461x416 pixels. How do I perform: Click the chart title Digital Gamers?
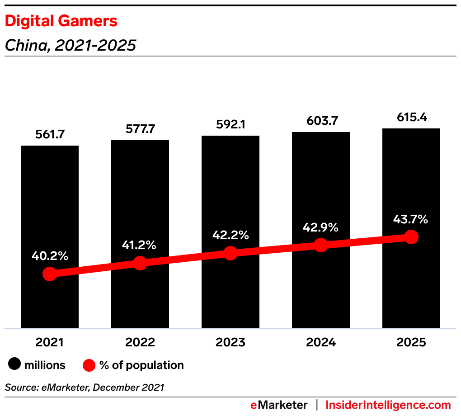(61, 21)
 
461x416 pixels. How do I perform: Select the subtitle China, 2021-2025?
(70, 45)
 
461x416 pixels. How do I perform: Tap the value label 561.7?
(50, 134)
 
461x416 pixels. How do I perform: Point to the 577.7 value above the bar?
(140, 129)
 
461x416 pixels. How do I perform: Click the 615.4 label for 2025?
(411, 118)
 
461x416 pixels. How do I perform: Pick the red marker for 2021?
(50, 274)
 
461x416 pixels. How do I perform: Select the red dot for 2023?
(230, 253)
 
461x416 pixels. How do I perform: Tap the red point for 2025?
(411, 236)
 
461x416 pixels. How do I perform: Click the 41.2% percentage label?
(140, 245)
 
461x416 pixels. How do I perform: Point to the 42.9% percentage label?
(321, 227)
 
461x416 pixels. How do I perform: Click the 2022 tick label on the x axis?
(140, 342)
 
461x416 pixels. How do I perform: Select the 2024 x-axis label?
(321, 342)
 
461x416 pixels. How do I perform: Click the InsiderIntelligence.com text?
(388, 405)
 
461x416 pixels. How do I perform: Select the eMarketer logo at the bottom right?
(279, 405)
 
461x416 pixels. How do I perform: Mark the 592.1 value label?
(230, 124)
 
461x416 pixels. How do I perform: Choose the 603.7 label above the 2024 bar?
(321, 121)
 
